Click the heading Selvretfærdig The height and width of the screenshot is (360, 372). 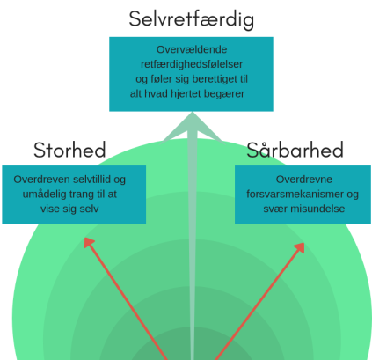[x=192, y=19]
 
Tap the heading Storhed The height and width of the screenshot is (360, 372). [x=69, y=150]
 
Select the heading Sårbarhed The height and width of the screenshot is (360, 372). [x=295, y=150]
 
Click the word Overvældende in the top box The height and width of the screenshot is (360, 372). [x=192, y=49]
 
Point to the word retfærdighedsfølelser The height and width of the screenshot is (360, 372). [x=192, y=64]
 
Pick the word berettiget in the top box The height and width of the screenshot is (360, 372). [x=213, y=79]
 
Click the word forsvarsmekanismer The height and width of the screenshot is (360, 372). [x=295, y=194]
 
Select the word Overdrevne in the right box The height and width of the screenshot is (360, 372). [x=304, y=180]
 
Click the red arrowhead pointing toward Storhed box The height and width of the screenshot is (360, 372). [x=89, y=242]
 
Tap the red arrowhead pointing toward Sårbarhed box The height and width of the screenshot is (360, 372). [x=300, y=247]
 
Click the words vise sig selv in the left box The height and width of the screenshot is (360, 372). [x=69, y=209]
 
